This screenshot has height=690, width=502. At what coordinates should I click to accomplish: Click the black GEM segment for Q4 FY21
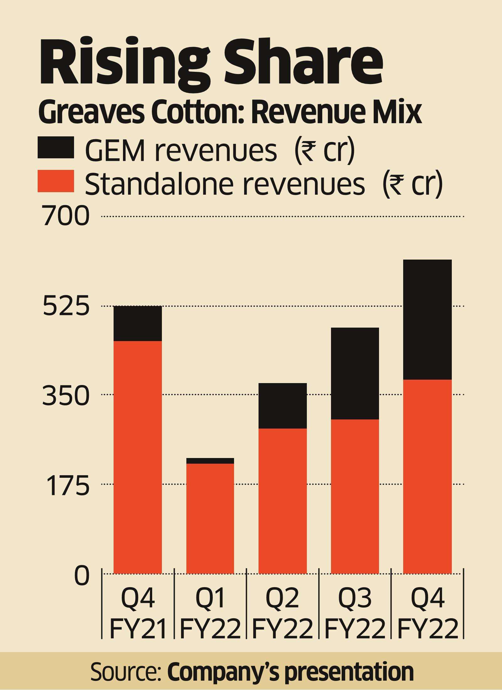click(x=137, y=323)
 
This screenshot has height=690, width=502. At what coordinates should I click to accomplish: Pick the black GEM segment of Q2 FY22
click(x=282, y=406)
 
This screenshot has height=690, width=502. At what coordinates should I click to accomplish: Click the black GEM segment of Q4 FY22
click(x=427, y=319)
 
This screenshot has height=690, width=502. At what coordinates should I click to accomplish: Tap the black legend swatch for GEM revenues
click(x=56, y=147)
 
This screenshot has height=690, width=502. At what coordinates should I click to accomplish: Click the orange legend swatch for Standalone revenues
click(x=56, y=181)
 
